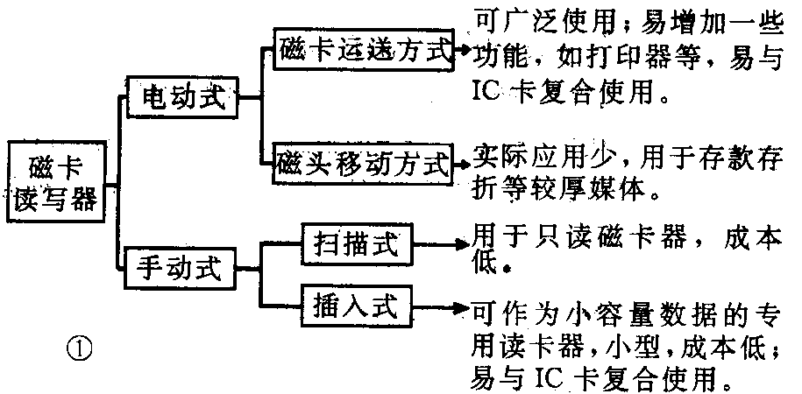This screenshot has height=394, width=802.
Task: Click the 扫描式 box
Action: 354,243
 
